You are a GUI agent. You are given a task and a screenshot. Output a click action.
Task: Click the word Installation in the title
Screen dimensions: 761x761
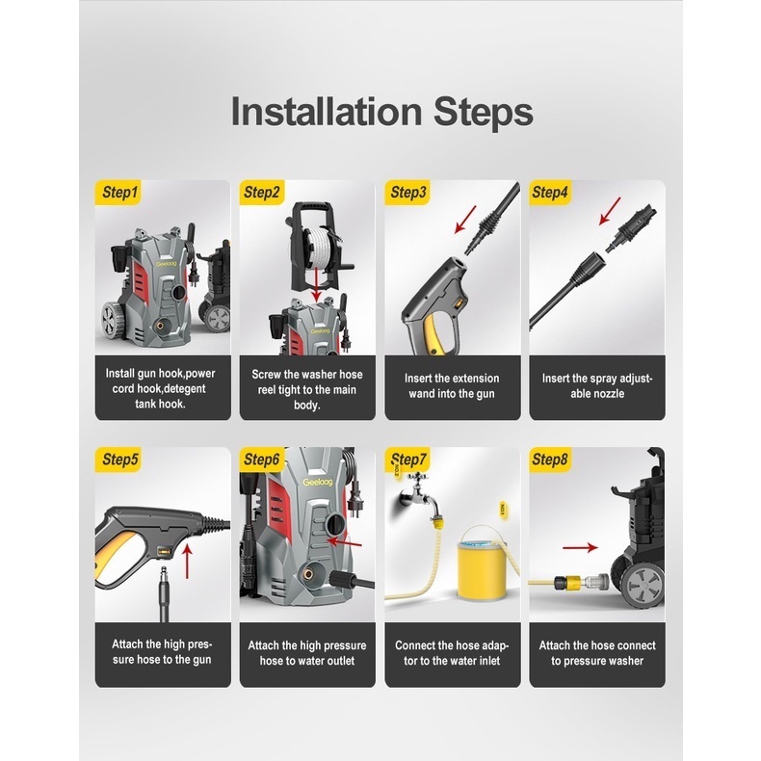(327, 111)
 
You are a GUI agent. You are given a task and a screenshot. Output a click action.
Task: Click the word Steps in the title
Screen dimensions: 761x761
(484, 113)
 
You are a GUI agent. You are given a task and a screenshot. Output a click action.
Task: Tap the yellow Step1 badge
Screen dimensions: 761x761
(118, 193)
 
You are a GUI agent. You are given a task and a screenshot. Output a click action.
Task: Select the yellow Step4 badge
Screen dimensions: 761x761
(550, 193)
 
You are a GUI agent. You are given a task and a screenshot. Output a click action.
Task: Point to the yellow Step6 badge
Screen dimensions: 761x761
(262, 459)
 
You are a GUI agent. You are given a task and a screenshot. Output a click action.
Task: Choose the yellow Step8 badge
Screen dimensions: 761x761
(550, 459)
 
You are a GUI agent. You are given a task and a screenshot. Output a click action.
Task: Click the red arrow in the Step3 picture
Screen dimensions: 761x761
(465, 220)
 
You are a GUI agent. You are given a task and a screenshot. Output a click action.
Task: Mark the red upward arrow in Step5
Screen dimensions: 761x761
(187, 561)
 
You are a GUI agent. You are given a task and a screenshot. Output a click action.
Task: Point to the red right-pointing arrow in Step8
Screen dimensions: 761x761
(581, 547)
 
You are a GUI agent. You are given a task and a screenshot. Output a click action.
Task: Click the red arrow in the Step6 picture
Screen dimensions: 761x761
(345, 542)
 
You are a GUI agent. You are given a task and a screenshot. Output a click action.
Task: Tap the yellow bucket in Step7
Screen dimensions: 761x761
(482, 563)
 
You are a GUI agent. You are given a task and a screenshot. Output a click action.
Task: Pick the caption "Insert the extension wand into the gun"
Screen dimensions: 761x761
(452, 386)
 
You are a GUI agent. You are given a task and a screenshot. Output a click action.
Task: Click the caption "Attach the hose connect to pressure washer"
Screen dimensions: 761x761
(597, 653)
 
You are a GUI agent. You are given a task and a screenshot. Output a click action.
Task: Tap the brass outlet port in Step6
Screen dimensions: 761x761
(307, 574)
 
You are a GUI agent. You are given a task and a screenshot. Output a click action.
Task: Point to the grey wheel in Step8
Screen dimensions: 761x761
(643, 583)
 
